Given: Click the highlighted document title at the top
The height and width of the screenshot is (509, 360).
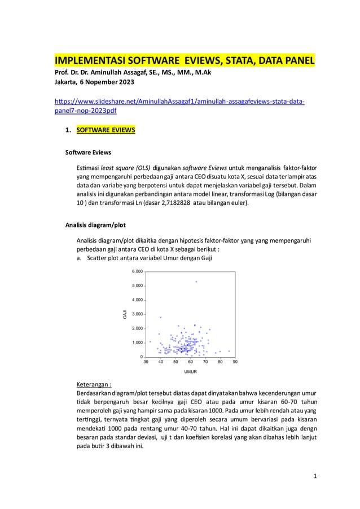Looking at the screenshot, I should click(x=184, y=60).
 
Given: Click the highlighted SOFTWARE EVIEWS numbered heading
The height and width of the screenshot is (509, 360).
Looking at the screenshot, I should click(x=106, y=131).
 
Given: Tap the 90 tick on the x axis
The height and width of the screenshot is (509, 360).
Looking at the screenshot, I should click(x=235, y=362).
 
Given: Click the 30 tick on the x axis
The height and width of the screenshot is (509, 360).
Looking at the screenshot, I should click(x=146, y=362).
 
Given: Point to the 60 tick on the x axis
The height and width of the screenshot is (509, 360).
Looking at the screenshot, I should click(x=191, y=362).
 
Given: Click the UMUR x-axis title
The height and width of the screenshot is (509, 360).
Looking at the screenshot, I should click(x=190, y=372).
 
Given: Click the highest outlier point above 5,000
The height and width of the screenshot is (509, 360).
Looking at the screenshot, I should click(x=196, y=282).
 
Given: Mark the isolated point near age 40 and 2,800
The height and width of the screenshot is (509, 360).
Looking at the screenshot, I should click(x=161, y=317).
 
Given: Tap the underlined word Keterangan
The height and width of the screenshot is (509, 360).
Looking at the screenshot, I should click(x=93, y=385).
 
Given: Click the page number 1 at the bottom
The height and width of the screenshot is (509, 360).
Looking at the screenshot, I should click(x=316, y=475).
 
